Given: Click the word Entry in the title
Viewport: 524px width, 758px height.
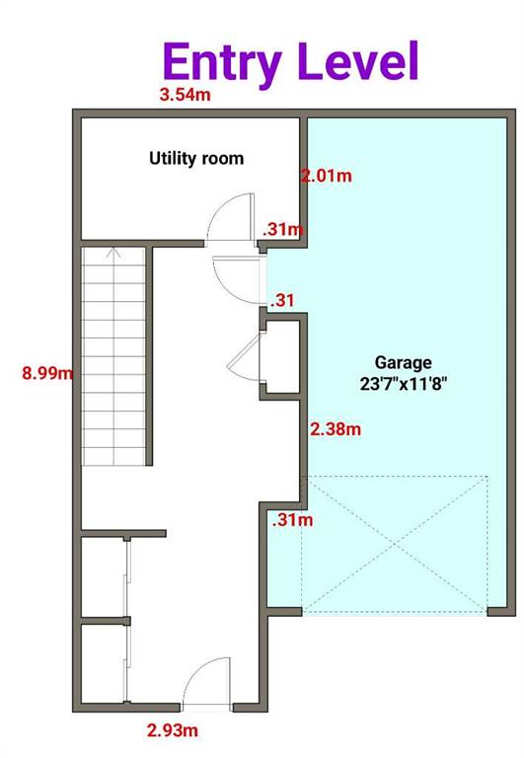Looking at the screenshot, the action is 222,62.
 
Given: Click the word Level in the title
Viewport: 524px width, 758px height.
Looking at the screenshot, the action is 358,60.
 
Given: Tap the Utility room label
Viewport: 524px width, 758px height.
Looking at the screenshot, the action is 196,159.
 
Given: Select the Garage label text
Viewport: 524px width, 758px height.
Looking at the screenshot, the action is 404,362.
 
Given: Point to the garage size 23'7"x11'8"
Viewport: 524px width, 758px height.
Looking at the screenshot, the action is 404,384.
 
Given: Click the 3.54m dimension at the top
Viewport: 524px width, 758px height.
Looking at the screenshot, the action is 186,95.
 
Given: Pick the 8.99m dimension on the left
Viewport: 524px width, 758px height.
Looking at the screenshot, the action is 47,373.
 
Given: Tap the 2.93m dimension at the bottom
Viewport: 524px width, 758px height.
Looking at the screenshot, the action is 173,730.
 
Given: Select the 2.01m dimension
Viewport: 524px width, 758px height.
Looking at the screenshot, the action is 327,176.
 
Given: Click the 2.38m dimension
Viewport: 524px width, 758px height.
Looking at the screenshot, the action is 336,428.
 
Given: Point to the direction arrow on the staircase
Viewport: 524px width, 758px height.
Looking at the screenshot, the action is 113,253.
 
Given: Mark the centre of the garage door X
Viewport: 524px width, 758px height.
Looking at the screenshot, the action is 394,544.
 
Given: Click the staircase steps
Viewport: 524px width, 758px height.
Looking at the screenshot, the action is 113,356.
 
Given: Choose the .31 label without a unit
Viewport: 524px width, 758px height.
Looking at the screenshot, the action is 282,301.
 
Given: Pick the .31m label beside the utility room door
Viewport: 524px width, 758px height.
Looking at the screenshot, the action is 283,229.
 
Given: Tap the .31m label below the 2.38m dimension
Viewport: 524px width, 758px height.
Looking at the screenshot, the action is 292,520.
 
